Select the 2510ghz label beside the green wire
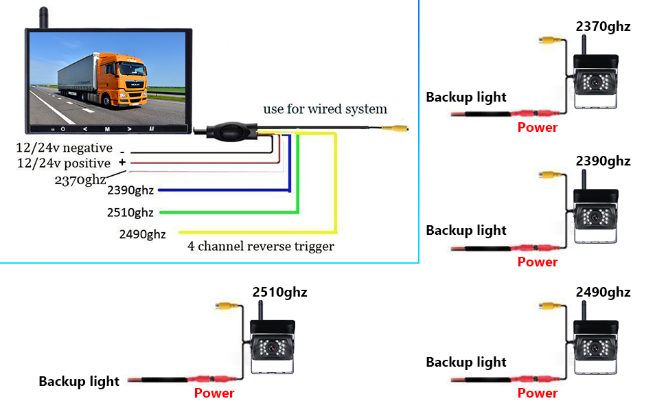click(x=130, y=212)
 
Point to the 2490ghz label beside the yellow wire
click(x=142, y=234)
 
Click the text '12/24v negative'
click(x=64, y=148)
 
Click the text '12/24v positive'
click(x=63, y=163)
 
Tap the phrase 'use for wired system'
click(x=325, y=109)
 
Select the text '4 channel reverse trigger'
click(x=261, y=247)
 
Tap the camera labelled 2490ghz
click(x=595, y=347)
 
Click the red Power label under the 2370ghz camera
click(x=538, y=127)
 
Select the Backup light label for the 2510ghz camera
click(x=79, y=381)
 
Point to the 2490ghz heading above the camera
click(x=603, y=293)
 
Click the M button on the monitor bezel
click(x=107, y=128)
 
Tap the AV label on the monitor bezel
click(x=150, y=128)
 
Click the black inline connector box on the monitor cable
click(x=226, y=130)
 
